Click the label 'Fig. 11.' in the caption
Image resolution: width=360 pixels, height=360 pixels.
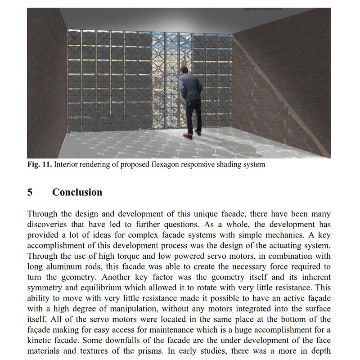(40, 164)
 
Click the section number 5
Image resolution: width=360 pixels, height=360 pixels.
(30, 192)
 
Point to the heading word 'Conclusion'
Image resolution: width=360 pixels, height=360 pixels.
(77, 192)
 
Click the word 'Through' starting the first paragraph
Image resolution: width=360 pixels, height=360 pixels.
(42, 214)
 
